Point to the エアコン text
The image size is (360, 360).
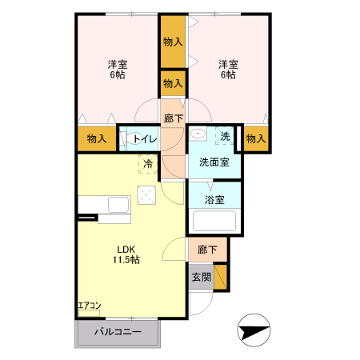89,306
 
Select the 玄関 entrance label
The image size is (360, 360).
201,278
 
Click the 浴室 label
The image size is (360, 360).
214,200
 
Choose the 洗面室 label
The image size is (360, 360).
214,162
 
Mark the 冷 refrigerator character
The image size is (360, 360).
148,164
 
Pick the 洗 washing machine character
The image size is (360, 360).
226,137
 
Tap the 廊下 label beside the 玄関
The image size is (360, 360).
207,250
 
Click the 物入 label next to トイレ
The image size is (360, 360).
97,139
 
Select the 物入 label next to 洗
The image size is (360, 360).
255,139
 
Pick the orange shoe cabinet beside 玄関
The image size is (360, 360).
221,277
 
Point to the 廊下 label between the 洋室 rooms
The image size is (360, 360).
173,118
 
